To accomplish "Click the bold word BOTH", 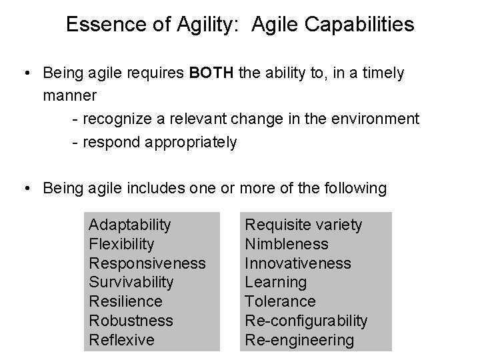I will click(211, 73).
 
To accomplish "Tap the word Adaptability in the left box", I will click(130, 225).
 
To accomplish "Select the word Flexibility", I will click(121, 244).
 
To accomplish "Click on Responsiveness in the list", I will click(147, 263).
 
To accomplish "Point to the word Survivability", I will click(131, 283).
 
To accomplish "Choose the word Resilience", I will click(125, 301).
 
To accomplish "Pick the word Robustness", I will click(131, 321).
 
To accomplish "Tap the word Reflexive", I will click(121, 340).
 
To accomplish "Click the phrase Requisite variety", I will click(304, 225).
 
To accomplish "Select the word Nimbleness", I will click(287, 244).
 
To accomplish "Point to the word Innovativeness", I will click(297, 263).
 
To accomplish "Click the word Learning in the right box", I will click(276, 283).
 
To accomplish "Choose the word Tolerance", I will click(281, 301).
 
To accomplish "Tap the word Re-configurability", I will click(306, 321).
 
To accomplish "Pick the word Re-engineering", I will click(299, 340).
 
